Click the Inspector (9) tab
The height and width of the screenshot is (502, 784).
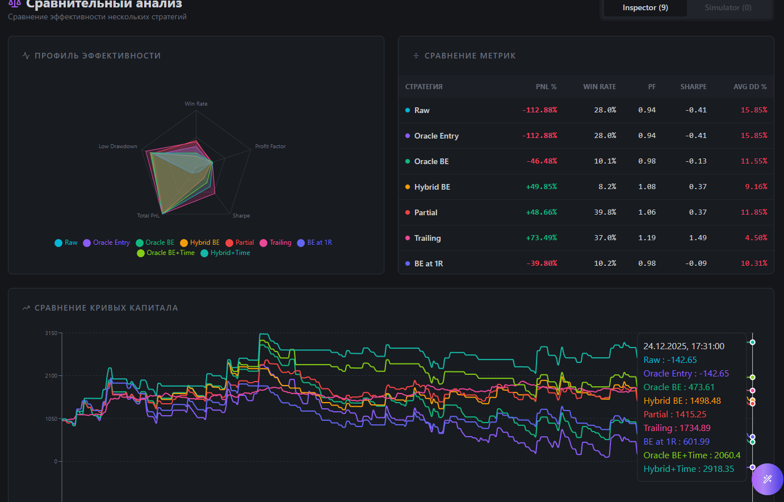645,8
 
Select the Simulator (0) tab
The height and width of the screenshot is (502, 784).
728,8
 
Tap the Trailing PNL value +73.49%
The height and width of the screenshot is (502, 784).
541,238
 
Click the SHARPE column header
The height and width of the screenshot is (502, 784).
693,87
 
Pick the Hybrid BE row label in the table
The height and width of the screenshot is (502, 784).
431,187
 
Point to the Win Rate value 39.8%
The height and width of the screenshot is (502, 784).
605,212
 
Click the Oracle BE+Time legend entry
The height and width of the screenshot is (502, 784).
166,253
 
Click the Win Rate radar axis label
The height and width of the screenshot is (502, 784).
196,104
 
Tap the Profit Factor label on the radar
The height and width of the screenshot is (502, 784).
270,147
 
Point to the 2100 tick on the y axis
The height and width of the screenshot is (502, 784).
51,376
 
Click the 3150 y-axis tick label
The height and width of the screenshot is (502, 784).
51,333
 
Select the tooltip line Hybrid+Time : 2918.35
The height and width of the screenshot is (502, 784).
689,469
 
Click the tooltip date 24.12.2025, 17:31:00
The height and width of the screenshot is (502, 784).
684,346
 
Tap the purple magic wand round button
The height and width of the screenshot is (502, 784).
767,479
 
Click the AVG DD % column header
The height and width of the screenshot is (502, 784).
749,87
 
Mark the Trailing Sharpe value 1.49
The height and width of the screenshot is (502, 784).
698,238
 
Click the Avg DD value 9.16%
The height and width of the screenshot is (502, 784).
756,187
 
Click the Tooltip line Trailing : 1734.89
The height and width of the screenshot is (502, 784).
677,428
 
